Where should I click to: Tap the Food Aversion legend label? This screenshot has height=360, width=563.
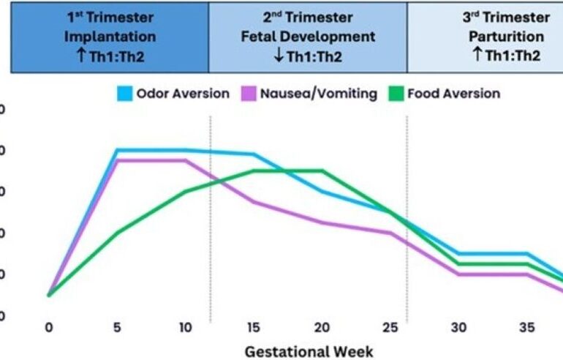tap(454, 94)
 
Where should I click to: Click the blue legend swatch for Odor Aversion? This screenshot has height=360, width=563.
tap(124, 94)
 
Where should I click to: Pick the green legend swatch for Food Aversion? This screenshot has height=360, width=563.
tap(395, 94)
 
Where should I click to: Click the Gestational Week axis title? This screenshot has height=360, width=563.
tap(309, 350)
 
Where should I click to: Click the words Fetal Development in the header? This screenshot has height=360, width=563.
tap(308, 36)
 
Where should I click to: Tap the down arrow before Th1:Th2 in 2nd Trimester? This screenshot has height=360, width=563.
tap(279, 54)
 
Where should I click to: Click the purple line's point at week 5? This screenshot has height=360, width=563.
tap(117, 160)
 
